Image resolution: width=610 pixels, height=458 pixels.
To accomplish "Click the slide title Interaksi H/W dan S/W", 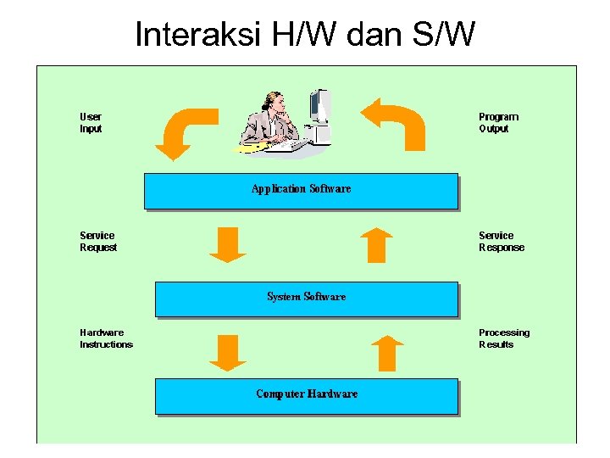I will pos(305,35).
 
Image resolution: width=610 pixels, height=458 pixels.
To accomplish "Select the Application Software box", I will pos(301,191).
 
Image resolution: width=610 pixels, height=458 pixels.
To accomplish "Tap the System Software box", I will pos(306,299).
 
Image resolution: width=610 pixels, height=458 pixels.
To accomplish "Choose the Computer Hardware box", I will pos(306,395).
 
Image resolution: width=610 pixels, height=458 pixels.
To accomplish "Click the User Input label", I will pos(91,123).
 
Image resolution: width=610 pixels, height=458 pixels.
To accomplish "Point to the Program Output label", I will pos(498,123).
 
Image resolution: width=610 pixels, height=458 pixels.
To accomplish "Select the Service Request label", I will pos(98,242).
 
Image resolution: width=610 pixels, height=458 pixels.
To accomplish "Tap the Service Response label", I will pos(502,242).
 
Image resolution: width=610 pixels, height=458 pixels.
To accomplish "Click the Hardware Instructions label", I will pos(106,338).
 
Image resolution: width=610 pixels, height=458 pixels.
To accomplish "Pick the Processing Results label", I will pos(504,338).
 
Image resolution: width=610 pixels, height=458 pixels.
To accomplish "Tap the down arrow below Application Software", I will pos(227,244).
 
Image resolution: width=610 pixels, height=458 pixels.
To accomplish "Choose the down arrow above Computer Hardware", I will pos(227,353).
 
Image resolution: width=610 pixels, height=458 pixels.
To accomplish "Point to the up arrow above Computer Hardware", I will pos(386,353).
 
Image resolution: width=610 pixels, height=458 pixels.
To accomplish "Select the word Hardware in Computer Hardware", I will pos(332,394).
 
